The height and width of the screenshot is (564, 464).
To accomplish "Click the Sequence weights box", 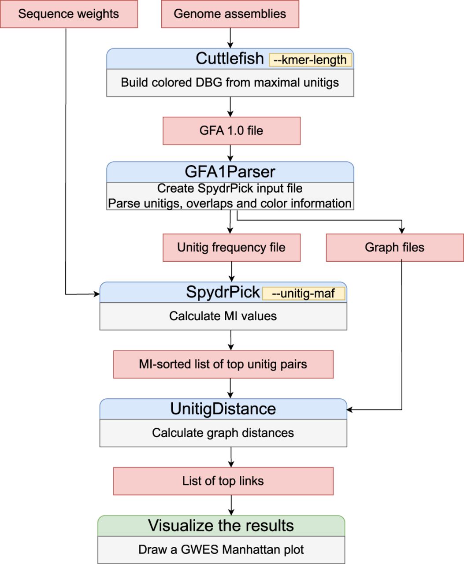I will pos(69,14).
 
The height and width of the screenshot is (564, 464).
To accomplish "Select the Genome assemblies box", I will pos(230,14).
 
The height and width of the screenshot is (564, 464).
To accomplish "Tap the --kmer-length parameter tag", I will pos(310,60).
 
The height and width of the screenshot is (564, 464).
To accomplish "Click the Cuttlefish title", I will pos(230,59).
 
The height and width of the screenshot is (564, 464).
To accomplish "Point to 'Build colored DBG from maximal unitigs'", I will pos(230,83).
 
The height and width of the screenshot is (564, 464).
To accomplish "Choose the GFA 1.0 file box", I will pos(231,131).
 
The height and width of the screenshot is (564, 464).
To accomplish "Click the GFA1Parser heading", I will pos(230,171).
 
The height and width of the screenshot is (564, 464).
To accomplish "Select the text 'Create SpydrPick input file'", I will pos(230,189).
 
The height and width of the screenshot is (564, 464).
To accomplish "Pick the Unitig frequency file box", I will pos(231,248).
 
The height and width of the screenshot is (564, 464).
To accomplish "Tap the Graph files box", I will pos(395,248).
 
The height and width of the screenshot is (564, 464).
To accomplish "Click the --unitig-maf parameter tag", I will pos(304,293).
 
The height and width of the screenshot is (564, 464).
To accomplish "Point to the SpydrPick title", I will pos(223,292).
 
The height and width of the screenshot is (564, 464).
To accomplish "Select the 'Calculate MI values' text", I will pos(223,316).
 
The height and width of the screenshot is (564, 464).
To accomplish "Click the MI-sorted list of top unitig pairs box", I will pos(223,364).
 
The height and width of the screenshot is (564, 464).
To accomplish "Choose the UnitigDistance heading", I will pos(223,409).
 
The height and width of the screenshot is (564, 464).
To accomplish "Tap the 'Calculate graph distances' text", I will pos(223,433).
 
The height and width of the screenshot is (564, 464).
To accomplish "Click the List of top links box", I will pos(223,481).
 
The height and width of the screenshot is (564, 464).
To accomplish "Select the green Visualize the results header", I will pos(221,526).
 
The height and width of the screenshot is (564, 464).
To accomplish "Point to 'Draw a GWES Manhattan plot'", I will pos(221,550).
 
